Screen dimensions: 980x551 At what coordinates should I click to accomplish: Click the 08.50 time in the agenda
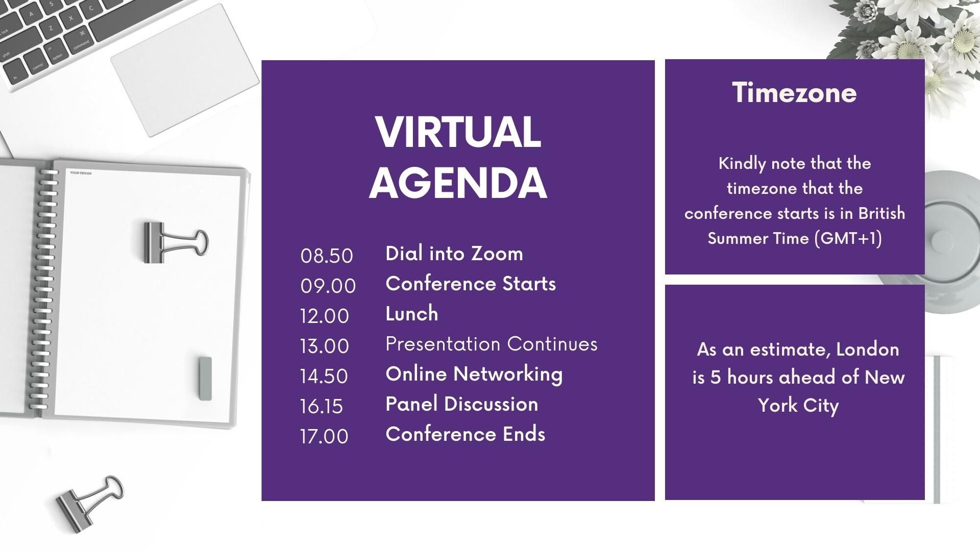(x=327, y=256)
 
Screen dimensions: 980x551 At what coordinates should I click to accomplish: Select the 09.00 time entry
(x=328, y=286)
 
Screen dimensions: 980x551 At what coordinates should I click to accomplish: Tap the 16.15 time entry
(x=322, y=406)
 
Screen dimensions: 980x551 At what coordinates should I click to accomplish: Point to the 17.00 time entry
(x=325, y=436)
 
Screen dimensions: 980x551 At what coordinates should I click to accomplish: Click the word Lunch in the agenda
(x=412, y=313)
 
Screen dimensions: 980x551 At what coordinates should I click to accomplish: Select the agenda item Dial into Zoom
(x=454, y=253)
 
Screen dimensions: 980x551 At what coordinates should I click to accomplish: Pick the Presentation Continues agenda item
(x=492, y=344)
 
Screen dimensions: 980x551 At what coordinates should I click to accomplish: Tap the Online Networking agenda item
(x=474, y=374)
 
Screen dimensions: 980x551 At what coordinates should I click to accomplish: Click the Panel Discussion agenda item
(x=462, y=404)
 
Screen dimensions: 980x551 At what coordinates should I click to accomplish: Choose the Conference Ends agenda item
(x=465, y=434)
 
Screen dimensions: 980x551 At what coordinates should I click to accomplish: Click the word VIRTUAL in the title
(x=458, y=132)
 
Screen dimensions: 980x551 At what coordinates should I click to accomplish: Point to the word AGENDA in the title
(x=458, y=182)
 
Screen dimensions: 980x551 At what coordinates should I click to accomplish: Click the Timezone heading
(x=795, y=92)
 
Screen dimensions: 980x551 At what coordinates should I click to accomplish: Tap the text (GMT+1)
(x=848, y=238)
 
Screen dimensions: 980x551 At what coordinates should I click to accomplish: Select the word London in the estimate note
(x=868, y=349)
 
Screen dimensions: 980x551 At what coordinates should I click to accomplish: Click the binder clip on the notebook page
(x=175, y=242)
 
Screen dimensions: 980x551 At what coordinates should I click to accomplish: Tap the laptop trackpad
(x=185, y=70)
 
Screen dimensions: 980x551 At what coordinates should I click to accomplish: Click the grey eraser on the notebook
(x=205, y=378)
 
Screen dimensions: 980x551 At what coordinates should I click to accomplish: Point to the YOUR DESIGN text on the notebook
(x=81, y=173)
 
